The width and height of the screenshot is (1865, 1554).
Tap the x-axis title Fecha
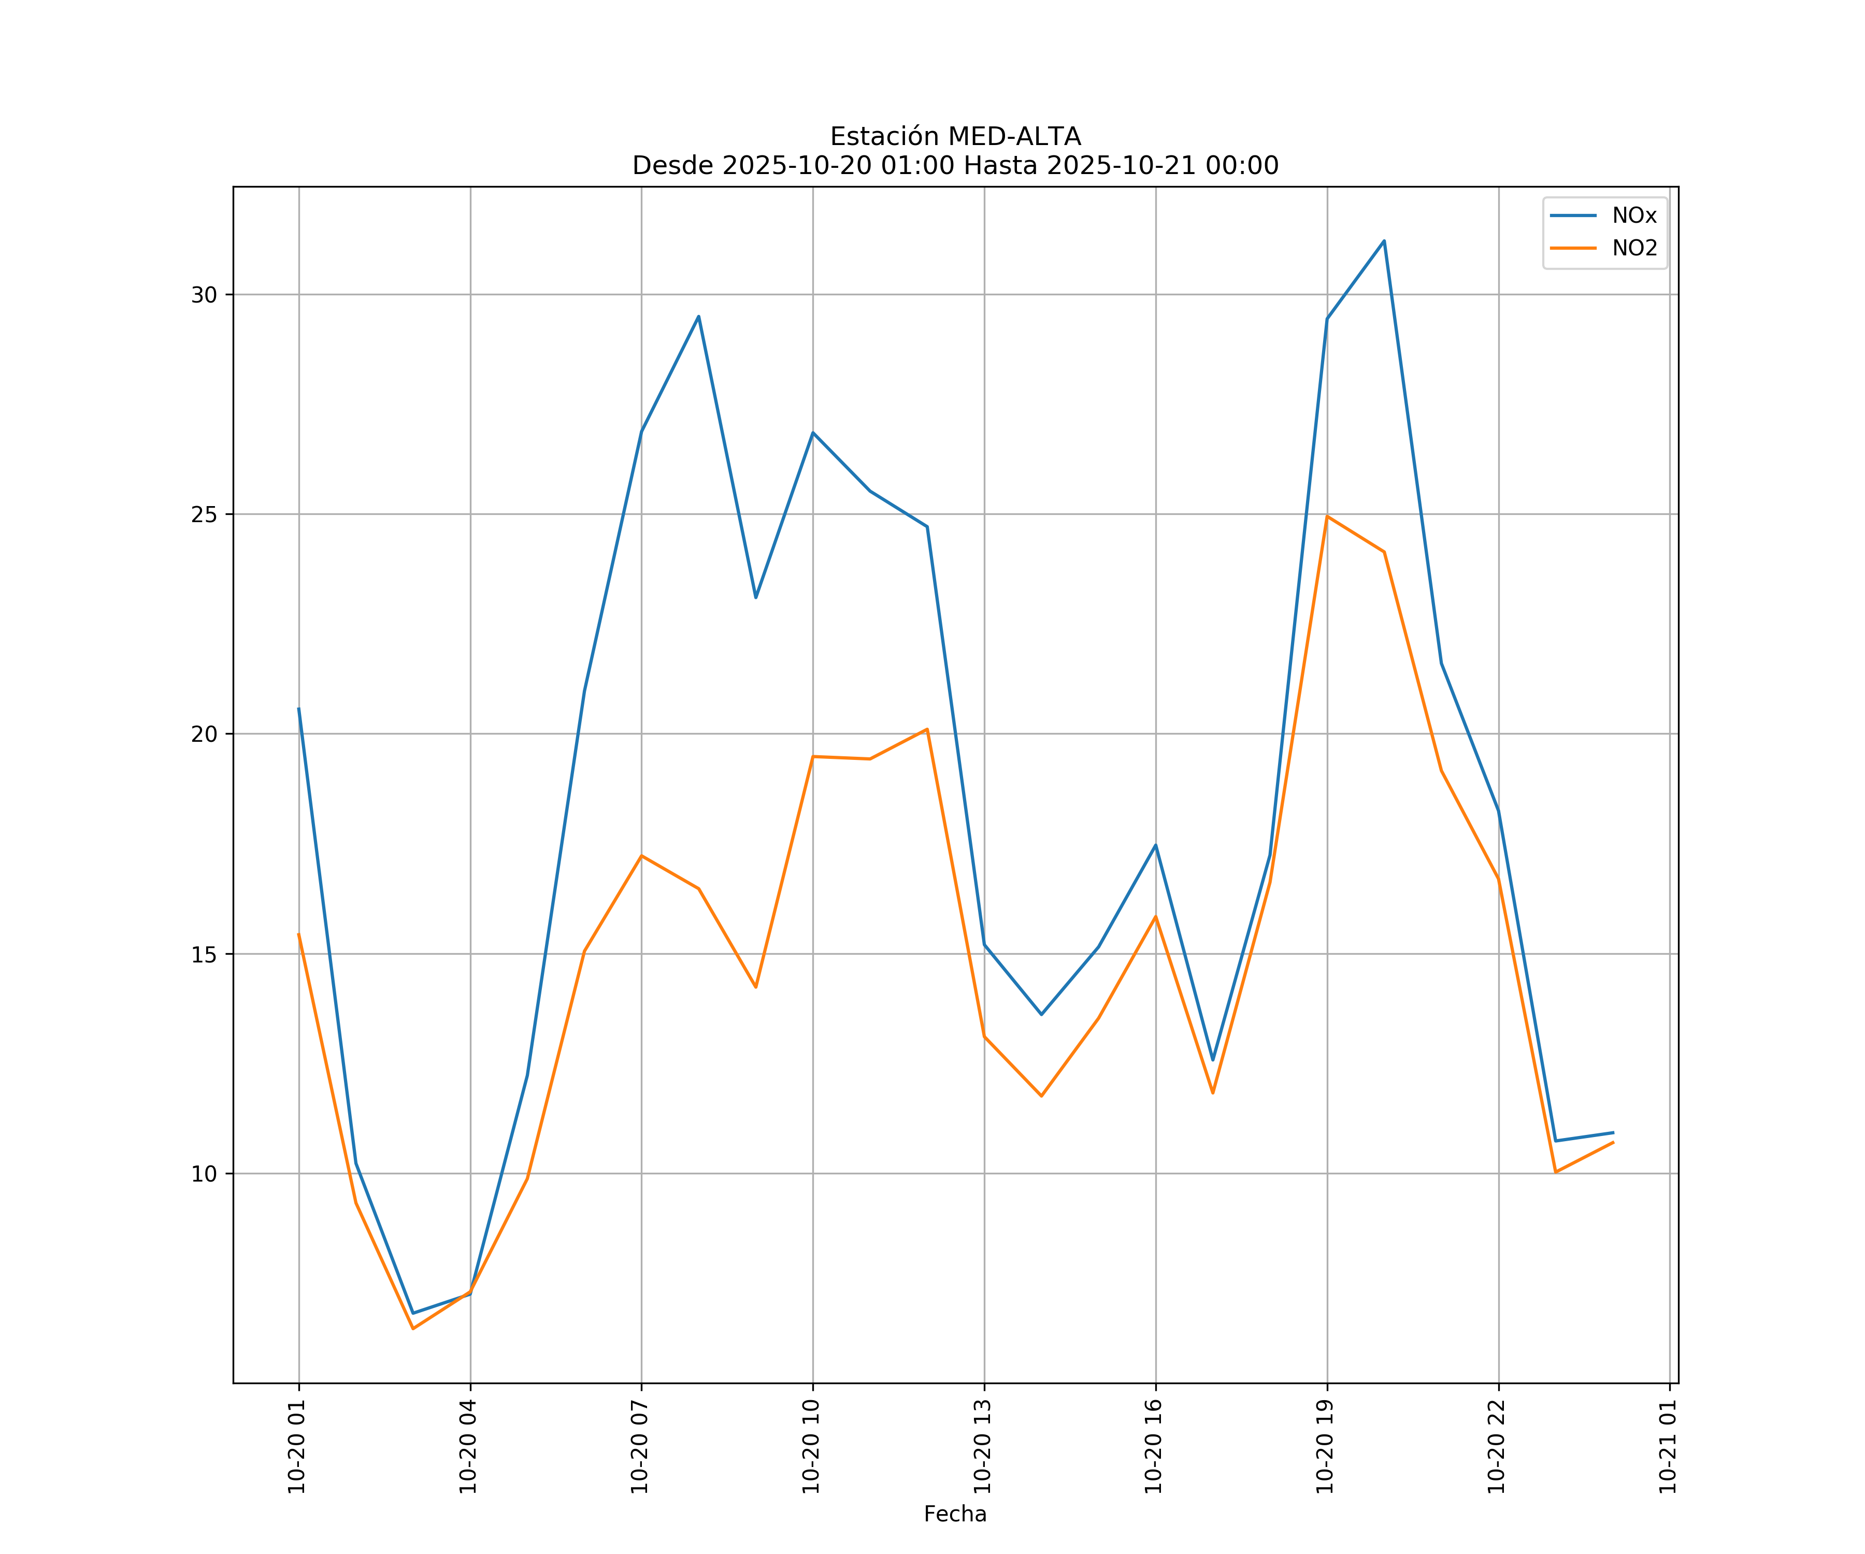tap(955, 1514)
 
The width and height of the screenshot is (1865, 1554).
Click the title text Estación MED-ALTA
tap(955, 137)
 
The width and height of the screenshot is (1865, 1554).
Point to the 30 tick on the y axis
tap(204, 295)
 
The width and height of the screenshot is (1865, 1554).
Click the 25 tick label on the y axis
tap(204, 514)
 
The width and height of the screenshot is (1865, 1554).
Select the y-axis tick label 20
tap(204, 735)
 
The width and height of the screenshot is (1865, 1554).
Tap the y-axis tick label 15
tap(204, 955)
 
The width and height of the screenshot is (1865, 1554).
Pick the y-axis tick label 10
tap(204, 1174)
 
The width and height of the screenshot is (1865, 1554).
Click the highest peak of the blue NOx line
tap(1384, 241)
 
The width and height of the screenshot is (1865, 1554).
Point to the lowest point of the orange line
tap(413, 1329)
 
